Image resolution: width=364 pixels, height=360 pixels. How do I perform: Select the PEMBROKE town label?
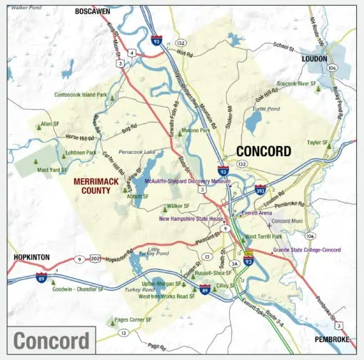(x=332, y=340)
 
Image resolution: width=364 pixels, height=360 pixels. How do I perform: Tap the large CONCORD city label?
(x=263, y=151)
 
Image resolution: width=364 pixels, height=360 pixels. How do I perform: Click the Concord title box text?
(x=52, y=340)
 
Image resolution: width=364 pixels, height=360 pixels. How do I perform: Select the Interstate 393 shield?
(x=261, y=190)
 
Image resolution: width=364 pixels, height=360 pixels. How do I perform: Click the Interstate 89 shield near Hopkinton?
(x=41, y=277)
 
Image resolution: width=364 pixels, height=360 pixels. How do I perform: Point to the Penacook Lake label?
(x=136, y=152)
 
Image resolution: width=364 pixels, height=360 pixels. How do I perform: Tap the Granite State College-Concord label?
(x=307, y=250)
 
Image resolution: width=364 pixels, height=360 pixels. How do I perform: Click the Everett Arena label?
(x=257, y=212)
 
